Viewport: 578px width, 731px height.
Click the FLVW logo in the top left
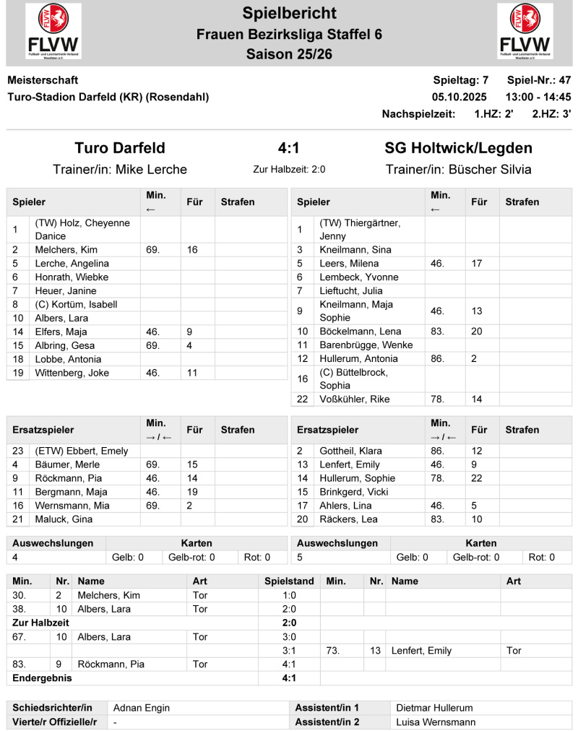(53, 31)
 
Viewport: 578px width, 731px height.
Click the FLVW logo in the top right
(525, 31)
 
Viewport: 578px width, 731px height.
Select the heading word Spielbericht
(289, 12)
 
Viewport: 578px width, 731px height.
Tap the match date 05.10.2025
(460, 97)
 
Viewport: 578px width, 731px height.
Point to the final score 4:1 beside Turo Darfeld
(289, 148)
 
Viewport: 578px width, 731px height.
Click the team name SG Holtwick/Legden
(458, 148)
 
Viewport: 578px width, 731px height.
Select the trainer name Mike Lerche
(151, 170)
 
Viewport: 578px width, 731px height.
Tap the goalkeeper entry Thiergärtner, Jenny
(359, 229)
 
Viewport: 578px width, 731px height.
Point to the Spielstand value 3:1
(289, 651)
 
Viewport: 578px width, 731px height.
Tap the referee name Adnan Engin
(140, 708)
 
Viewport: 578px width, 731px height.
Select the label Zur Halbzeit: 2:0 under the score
(289, 170)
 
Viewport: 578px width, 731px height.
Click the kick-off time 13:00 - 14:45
(538, 97)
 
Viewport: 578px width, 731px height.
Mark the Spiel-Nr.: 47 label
(539, 80)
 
